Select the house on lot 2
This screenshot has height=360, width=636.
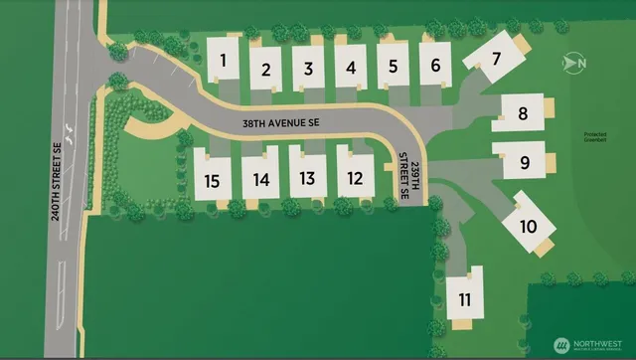pos(266,69)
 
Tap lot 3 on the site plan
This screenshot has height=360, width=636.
pos(309,69)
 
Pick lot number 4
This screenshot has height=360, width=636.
pos(351,69)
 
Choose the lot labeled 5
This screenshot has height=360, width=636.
pos(394,67)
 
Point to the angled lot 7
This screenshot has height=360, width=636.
pos(497,59)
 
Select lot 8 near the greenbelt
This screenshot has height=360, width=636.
pos(524,114)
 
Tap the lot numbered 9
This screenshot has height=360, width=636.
pos(524,160)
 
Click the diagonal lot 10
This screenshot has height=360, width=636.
pos(528,225)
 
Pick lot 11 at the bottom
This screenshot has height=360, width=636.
pos(464,297)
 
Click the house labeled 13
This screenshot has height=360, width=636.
pos(308,178)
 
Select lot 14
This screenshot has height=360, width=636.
pos(260,179)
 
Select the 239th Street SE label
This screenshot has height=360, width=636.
pos(410,175)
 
